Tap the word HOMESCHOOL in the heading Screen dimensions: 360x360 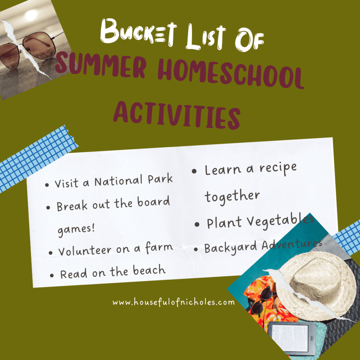pyautogui.click(x=231, y=73)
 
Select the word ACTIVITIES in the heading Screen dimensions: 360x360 pyautogui.click(x=177, y=115)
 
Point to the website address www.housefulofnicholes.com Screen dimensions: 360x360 pyautogui.click(x=174, y=302)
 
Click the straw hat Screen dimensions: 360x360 pyautogui.click(x=317, y=285)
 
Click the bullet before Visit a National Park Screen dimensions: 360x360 pyautogui.click(x=47, y=185)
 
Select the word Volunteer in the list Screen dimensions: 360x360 pyautogui.click(x=85, y=250)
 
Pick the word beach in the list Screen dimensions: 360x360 pyautogui.click(x=149, y=270)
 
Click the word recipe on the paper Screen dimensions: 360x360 pyautogui.click(x=278, y=168)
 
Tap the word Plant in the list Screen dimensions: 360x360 pyautogui.click(x=224, y=222)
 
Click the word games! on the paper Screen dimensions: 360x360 pyautogui.click(x=76, y=229)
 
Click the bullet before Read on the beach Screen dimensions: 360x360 pyautogui.click(x=52, y=275)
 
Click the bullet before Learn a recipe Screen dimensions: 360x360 pyautogui.click(x=194, y=171)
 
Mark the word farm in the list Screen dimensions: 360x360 pyautogui.click(x=159, y=247)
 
